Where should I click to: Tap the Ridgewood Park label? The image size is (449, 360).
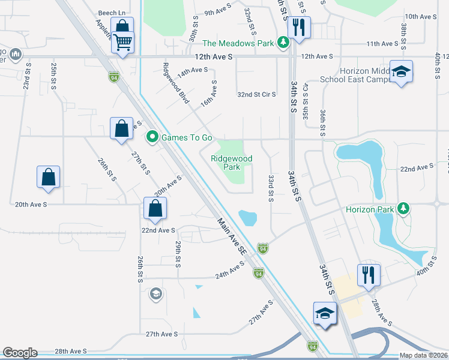pyautogui.click(x=231, y=163)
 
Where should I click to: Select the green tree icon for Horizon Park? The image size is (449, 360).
pyautogui.click(x=404, y=209)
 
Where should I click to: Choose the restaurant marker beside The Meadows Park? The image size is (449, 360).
pyautogui.click(x=298, y=27)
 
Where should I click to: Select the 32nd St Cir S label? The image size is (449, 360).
pyautogui.click(x=256, y=95)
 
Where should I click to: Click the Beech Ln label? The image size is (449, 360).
pyautogui.click(x=113, y=12)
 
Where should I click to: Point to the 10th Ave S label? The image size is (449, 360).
pyautogui.click(x=420, y=17)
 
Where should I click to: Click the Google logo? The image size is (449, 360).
pyautogui.click(x=20, y=353)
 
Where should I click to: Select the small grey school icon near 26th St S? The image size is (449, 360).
pyautogui.click(x=155, y=293)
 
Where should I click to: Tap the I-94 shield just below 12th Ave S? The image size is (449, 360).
pyautogui.click(x=113, y=77)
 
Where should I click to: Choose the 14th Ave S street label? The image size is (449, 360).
pyautogui.click(x=191, y=70)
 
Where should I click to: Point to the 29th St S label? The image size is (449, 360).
pyautogui.click(x=178, y=254)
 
